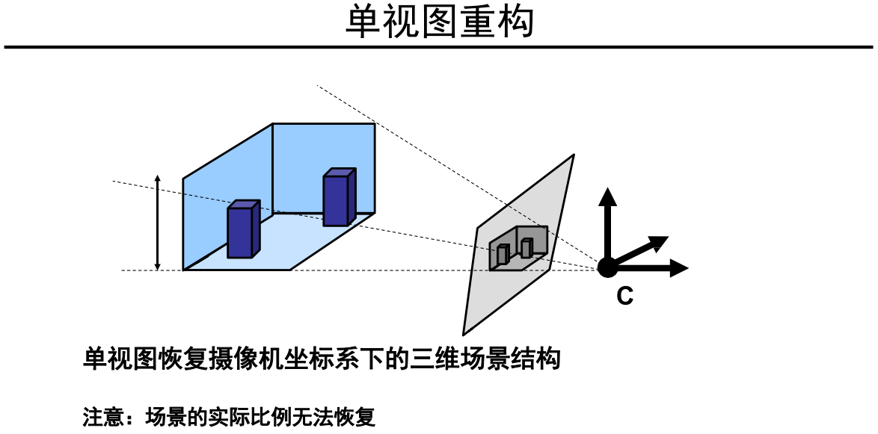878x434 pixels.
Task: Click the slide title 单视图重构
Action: (x=439, y=22)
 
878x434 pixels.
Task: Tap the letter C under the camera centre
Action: (x=625, y=297)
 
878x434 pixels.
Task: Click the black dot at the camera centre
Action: (x=607, y=265)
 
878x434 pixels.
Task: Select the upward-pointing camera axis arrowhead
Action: (x=607, y=197)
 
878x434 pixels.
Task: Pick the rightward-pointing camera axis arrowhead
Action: (x=678, y=267)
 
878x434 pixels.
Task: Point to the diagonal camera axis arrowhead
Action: (x=657, y=242)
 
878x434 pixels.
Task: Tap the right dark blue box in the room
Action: (x=337, y=198)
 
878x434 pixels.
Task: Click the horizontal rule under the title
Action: (x=439, y=47)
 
